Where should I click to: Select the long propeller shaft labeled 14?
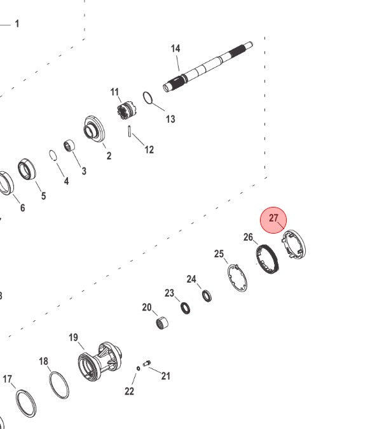click(x=208, y=67)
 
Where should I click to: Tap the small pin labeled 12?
click(x=130, y=130)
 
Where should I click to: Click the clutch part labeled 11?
click(x=125, y=111)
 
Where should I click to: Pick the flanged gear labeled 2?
click(x=94, y=128)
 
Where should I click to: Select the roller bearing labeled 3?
click(x=70, y=146)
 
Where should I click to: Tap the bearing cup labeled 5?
click(x=27, y=169)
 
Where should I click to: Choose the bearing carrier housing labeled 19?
click(x=100, y=361)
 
